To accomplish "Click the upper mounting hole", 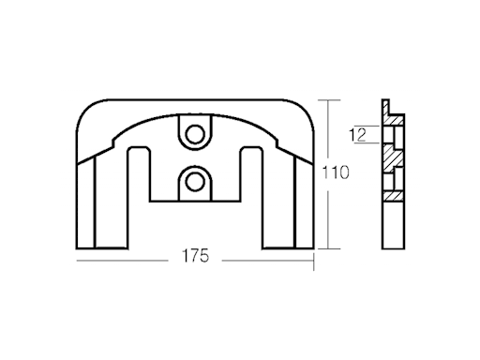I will [x=195, y=134].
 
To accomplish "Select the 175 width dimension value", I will [x=195, y=255].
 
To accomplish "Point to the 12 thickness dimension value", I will [x=357, y=133].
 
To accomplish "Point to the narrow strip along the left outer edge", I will [x=85, y=202].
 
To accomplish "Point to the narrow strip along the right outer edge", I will [x=305, y=202].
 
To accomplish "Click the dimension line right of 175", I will [x=267, y=256].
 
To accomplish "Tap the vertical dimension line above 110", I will [x=327, y=131].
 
